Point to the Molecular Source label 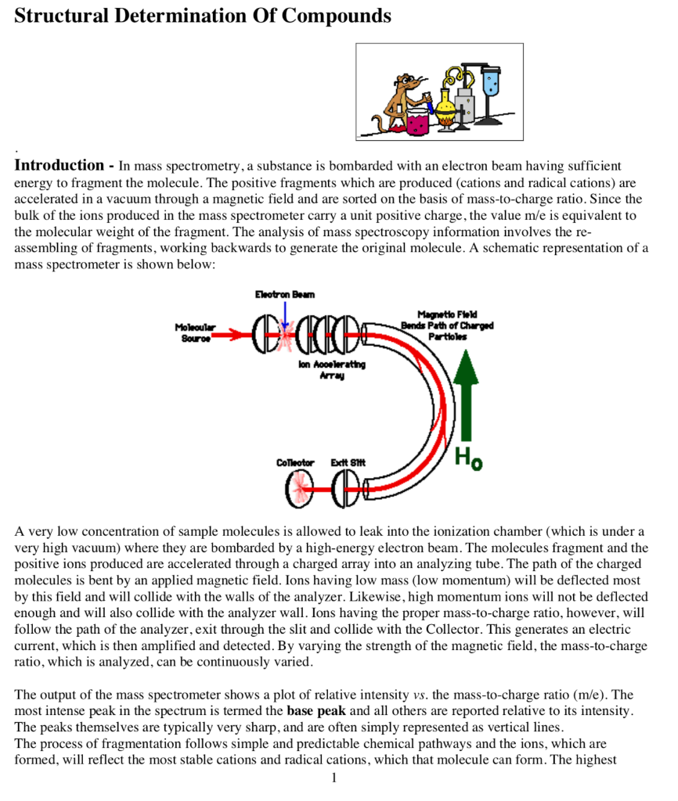(195, 332)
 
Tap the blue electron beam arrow (285, 316)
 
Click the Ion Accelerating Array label (331, 370)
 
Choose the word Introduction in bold (59, 166)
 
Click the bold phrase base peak (316, 712)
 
